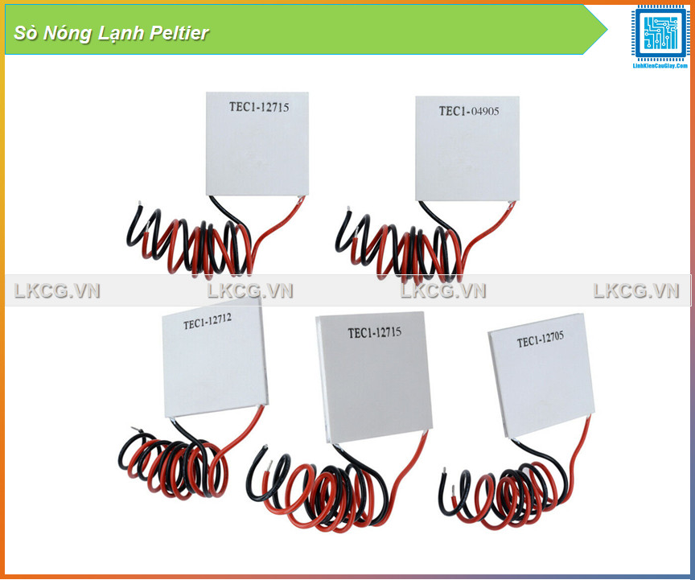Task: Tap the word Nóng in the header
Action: (x=64, y=33)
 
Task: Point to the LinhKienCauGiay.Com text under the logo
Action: (x=660, y=65)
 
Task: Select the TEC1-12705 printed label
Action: (x=540, y=341)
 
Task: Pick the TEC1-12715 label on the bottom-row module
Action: (x=374, y=331)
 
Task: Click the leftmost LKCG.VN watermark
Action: (x=57, y=291)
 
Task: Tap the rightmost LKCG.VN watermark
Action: (x=636, y=291)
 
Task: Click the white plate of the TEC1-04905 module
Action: (x=467, y=157)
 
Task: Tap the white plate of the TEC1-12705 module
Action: (x=543, y=382)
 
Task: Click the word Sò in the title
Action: (x=23, y=33)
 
